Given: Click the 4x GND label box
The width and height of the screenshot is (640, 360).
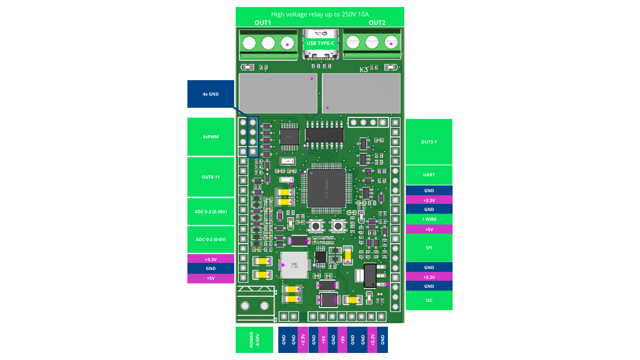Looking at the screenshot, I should point(210,94).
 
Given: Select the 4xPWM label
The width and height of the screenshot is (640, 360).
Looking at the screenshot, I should point(210,137).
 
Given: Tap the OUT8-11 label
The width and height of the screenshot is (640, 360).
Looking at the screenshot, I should point(210,177).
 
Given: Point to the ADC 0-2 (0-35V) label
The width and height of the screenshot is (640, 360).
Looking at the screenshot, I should point(210,212).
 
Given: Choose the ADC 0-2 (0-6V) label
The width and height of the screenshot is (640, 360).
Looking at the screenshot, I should point(210,240).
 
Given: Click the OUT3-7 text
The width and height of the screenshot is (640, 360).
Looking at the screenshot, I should point(429,142).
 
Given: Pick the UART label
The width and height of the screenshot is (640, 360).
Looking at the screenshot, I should point(429,175).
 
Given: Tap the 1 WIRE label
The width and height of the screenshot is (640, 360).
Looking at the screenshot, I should point(429,219).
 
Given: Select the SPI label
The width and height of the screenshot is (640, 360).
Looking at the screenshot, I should point(429,248).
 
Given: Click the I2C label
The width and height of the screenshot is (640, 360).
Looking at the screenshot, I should point(429,300).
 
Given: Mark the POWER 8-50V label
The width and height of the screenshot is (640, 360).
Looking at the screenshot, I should point(254,340).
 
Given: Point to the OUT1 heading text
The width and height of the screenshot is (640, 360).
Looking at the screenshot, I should point(262,23).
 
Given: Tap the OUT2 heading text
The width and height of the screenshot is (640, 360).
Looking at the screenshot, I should point(377,23).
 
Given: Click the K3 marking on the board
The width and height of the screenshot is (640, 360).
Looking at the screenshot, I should point(364,70).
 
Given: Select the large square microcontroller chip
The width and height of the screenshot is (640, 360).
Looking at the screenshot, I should point(327,188).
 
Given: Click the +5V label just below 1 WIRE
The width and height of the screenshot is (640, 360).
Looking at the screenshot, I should point(429,230).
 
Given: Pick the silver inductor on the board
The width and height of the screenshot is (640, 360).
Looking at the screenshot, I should point(294,266).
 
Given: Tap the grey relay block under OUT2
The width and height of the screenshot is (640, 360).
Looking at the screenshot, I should point(361,93).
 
